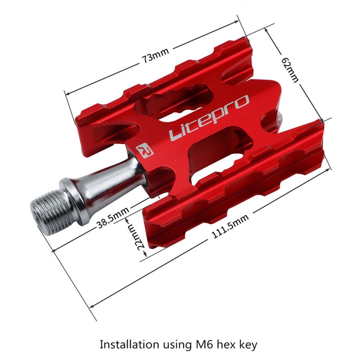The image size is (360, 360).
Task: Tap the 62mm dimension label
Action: click(290, 69)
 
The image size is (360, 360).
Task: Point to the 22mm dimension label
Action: click(139, 238)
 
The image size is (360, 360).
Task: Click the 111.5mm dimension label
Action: click(230, 226)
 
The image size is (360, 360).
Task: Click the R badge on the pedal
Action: click(145, 150)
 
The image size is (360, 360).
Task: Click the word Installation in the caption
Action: click(129, 344)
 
